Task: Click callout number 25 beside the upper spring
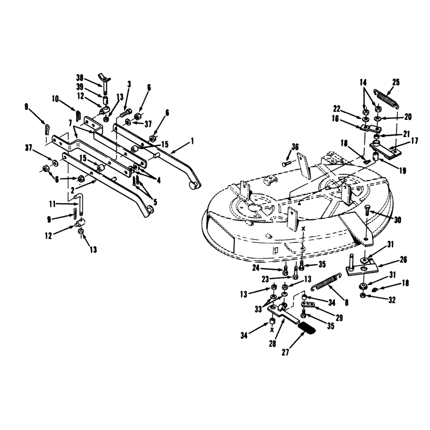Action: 396,82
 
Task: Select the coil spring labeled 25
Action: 386,98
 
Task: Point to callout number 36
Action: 295,147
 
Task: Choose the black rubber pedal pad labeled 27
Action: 306,328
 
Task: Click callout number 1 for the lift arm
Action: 192,141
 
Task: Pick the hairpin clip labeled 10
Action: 78,115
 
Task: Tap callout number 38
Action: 80,78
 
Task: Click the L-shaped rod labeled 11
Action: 80,204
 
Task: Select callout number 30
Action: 397,220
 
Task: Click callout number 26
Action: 403,260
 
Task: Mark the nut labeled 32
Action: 362,295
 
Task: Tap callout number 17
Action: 414,141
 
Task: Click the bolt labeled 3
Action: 126,113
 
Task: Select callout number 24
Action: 256,268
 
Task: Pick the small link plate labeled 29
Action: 308,304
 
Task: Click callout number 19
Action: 403,171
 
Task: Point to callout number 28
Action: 273,343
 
